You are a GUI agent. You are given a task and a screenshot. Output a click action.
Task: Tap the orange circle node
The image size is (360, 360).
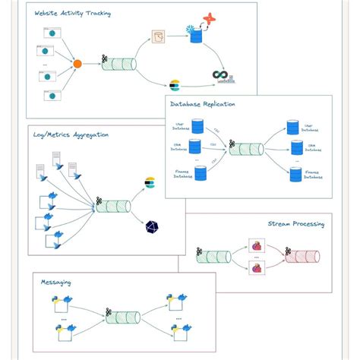tap(77, 64)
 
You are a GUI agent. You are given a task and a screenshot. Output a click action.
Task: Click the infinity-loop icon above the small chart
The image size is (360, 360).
tap(221, 74)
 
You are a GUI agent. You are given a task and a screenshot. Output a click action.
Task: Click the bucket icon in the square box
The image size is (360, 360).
tap(159, 36)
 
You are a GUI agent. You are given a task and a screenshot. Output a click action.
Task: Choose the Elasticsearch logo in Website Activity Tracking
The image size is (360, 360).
tap(175, 84)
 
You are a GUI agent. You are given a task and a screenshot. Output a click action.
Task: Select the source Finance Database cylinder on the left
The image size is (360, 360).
tap(201, 173)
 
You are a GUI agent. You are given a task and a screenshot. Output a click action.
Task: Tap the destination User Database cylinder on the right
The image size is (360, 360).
tap(292, 126)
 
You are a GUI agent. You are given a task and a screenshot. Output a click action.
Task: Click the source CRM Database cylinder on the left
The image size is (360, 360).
tap(195, 146)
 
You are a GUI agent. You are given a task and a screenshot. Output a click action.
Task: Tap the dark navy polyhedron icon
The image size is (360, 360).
tap(150, 226)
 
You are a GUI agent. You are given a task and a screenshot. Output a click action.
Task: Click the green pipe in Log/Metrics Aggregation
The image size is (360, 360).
tap(113, 207)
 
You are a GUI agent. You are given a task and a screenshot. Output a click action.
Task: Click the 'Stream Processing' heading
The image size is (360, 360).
tap(295, 224)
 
